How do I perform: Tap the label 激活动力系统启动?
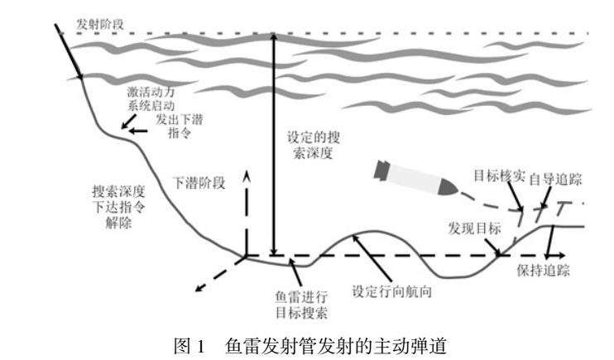click(x=151, y=98)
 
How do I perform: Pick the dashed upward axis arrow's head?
click(x=247, y=175)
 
